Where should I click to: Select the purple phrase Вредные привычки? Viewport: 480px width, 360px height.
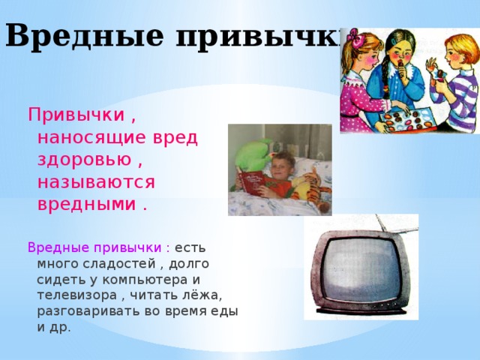coord(94,247)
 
